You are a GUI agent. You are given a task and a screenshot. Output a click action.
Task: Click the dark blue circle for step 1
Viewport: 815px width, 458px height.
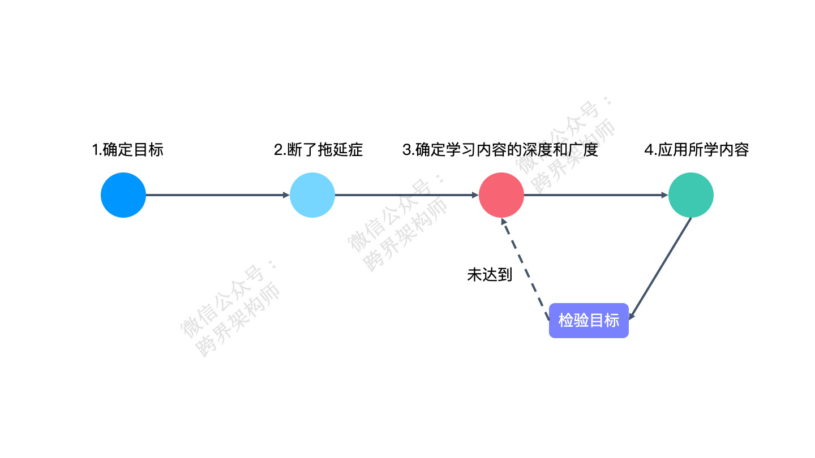[x=123, y=195]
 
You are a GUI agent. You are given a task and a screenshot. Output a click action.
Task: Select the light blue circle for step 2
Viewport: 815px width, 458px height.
[x=312, y=195]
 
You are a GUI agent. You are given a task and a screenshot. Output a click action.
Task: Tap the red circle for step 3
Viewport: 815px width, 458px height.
[x=501, y=195]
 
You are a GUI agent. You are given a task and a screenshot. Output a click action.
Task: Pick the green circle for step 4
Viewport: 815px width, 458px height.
[x=690, y=195]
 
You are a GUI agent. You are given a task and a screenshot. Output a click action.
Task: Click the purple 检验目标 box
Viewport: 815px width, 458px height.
[x=589, y=321]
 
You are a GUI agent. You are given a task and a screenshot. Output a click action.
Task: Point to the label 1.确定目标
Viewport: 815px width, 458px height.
[x=128, y=150]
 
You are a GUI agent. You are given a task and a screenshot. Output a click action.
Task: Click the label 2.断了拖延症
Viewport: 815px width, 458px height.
[x=318, y=150]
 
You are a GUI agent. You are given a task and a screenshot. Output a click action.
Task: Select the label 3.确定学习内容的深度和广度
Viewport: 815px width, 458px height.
[x=500, y=150]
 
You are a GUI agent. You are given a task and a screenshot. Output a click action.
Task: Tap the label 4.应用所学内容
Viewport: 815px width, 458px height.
[x=696, y=150]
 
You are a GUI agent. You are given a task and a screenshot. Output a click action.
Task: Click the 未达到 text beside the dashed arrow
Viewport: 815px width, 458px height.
[x=490, y=275]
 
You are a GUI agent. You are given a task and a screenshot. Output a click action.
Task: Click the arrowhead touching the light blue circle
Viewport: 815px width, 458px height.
[x=286, y=195]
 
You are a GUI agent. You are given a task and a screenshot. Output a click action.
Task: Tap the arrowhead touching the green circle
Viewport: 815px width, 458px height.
[x=665, y=195]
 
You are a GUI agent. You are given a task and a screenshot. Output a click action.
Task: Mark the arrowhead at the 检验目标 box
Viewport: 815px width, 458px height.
[x=633, y=317]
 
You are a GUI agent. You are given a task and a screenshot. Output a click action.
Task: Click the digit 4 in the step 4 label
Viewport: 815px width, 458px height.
[x=648, y=150]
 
